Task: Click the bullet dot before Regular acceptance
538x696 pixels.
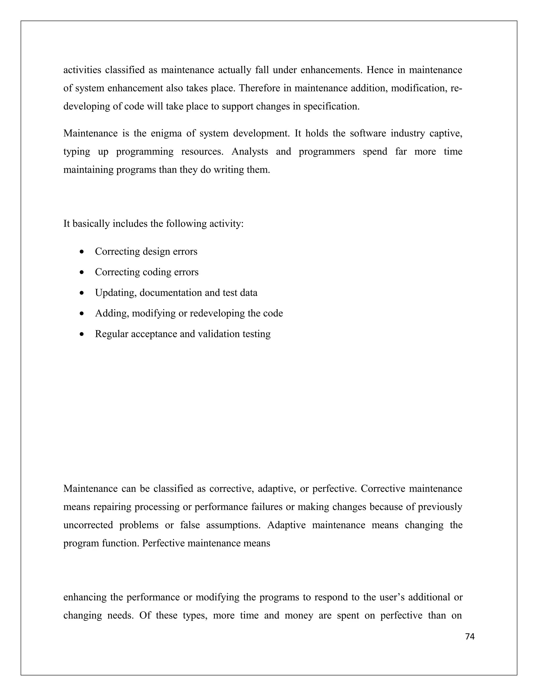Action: (82, 334)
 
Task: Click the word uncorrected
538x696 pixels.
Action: (88, 525)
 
